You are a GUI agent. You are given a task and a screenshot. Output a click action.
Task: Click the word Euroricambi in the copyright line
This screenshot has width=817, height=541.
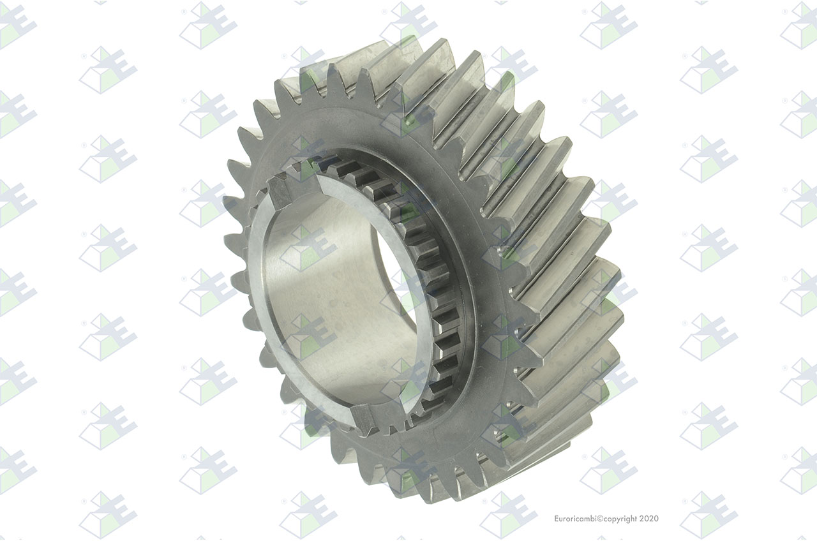575,519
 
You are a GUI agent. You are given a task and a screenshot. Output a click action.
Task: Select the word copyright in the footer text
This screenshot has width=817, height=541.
620,519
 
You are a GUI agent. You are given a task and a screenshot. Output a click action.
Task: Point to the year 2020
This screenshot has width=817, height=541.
649,519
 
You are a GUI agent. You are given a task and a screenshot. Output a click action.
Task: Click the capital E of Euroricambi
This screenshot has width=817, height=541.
557,519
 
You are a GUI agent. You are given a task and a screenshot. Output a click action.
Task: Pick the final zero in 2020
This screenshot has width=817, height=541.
657,519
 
